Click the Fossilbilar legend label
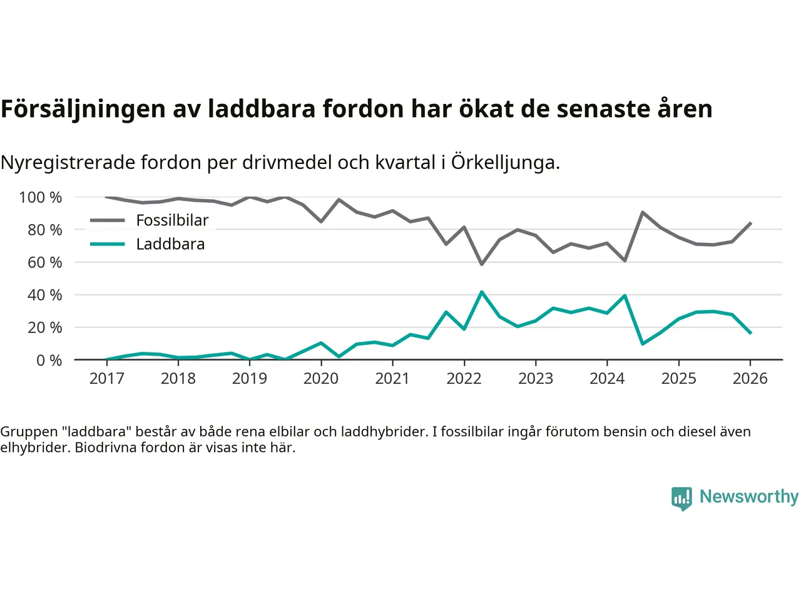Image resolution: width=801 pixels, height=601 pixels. [x=172, y=220]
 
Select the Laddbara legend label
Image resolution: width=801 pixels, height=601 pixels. [x=170, y=244]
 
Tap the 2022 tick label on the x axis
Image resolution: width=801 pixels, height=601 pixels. [x=464, y=378]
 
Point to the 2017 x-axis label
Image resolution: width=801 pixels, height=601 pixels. [x=106, y=378]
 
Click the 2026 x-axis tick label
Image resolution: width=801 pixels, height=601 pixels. [x=750, y=378]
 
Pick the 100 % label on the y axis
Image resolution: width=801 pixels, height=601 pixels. [x=41, y=198]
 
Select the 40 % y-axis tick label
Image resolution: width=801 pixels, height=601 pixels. [x=44, y=295]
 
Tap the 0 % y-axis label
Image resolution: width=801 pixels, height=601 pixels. [x=49, y=361]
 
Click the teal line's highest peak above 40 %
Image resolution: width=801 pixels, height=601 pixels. [x=481, y=292]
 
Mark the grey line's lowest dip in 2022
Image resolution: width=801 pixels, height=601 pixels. [x=481, y=264]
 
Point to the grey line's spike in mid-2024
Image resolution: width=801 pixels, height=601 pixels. [x=643, y=212]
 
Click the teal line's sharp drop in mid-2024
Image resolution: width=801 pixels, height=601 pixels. [x=643, y=344]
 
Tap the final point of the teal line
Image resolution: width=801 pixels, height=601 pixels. [x=750, y=333]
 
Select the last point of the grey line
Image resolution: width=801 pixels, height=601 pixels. [x=750, y=223]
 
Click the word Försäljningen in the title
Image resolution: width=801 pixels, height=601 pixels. [x=83, y=109]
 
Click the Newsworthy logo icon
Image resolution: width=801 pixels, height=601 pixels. [x=681, y=498]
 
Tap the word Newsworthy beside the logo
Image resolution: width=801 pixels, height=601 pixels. [x=749, y=496]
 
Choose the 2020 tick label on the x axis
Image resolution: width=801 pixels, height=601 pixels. [x=320, y=378]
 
